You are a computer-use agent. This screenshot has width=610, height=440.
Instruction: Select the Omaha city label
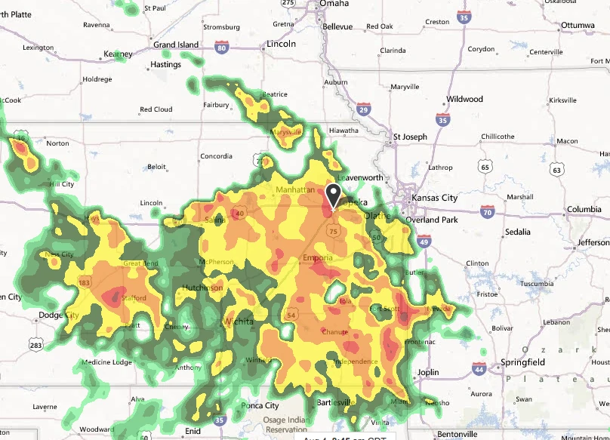[334, 4]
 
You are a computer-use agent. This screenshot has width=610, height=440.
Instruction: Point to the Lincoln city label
[282, 45]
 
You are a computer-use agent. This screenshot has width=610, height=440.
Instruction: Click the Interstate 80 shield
[221, 48]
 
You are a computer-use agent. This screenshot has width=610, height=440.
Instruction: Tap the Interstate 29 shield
[364, 110]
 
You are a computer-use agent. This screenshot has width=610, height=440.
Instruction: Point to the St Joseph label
[410, 137]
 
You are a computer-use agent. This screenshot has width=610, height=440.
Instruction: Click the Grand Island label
[176, 45]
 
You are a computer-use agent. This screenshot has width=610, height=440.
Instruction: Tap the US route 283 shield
[35, 344]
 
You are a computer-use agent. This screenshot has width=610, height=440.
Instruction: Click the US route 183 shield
[84, 282]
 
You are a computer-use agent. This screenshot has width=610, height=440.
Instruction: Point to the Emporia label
[318, 259]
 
